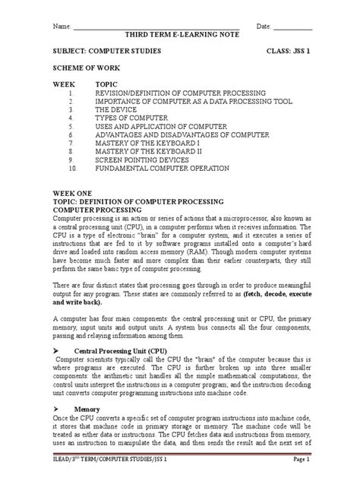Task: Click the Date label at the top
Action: point(264,26)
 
